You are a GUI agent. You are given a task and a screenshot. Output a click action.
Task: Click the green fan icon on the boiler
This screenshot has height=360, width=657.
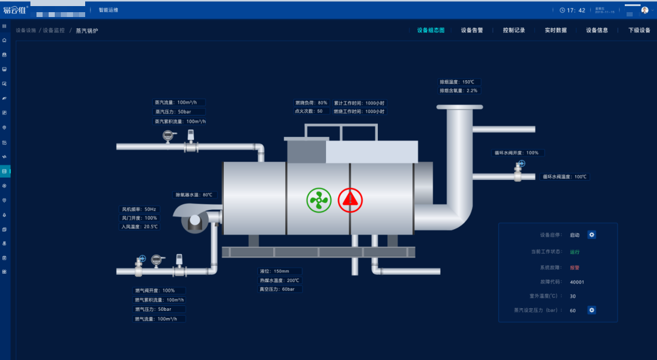coord(319,199)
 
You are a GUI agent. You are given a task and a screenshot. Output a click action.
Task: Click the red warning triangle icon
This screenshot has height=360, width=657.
coord(350,199)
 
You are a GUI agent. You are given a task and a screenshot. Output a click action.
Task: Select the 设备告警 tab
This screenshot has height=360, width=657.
coord(471,30)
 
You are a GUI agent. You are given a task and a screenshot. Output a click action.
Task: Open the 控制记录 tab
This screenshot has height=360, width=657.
coord(513,30)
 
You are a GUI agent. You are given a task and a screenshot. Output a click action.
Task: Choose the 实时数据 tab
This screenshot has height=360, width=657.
coord(555,30)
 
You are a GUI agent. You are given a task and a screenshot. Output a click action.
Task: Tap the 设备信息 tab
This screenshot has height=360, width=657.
coord(597,30)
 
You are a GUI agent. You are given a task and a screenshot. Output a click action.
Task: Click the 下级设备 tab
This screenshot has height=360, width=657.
coord(639,30)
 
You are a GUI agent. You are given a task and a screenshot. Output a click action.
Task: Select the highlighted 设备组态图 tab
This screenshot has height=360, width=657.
coord(431,30)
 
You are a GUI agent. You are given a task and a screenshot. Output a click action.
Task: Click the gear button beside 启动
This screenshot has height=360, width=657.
coord(591,235)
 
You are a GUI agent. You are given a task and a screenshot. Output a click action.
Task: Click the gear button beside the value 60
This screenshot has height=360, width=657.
coord(591,310)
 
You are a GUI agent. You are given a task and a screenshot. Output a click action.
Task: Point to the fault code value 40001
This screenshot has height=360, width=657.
coord(577,282)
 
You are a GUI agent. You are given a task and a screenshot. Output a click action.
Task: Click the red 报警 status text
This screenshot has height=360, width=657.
coord(574,267)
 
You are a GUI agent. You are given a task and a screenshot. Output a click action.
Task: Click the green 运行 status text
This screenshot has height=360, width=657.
coord(574,252)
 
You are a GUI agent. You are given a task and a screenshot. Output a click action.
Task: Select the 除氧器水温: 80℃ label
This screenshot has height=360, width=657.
coord(194,195)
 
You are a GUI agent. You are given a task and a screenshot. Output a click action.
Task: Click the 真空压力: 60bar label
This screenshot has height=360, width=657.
coord(277,289)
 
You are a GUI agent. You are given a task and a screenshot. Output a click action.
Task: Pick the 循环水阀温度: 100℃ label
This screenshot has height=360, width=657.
coord(565,177)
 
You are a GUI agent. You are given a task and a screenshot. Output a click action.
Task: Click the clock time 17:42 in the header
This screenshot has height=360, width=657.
coord(576,10)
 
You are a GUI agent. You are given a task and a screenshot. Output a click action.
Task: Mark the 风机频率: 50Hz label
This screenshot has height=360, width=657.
coord(138,209)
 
